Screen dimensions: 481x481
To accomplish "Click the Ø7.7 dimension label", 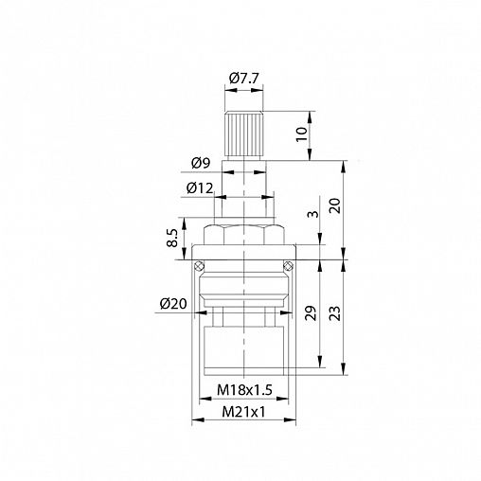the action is pyautogui.click(x=243, y=78).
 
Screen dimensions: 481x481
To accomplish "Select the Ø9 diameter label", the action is pyautogui.click(x=201, y=163).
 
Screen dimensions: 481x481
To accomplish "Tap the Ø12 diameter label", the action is pyautogui.click(x=200, y=188).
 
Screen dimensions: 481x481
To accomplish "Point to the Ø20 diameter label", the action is pyautogui.click(x=173, y=304).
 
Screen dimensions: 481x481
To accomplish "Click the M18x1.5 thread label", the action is pyautogui.click(x=244, y=390).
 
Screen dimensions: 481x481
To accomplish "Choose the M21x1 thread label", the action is pyautogui.click(x=243, y=412).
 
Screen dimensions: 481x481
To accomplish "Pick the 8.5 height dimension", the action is pyautogui.click(x=172, y=239).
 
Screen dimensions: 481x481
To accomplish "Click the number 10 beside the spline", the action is pyautogui.click(x=302, y=134).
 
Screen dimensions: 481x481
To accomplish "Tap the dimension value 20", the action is pyautogui.click(x=335, y=205).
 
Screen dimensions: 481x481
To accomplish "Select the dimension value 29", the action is pyautogui.click(x=311, y=313).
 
